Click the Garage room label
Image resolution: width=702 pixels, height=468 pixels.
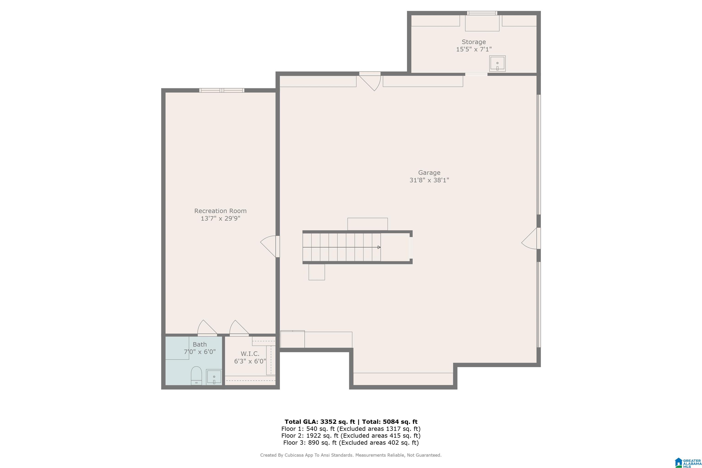point(429,173)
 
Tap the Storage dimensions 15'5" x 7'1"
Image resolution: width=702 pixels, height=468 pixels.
point(474,49)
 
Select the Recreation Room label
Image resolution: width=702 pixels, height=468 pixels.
point(220,211)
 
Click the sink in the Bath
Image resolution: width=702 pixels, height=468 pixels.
point(214,377)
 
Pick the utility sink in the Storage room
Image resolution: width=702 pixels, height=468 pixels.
point(497,64)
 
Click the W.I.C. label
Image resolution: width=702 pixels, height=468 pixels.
point(250,354)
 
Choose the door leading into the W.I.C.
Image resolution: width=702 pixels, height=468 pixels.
point(239,328)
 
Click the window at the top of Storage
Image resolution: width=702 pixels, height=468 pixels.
point(482,13)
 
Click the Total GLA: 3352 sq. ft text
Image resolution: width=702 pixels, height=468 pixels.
point(320,422)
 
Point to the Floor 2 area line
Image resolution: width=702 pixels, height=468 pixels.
point(351,436)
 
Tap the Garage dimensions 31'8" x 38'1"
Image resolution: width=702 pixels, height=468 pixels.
point(429,180)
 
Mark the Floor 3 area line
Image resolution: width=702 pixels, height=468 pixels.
point(351,443)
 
